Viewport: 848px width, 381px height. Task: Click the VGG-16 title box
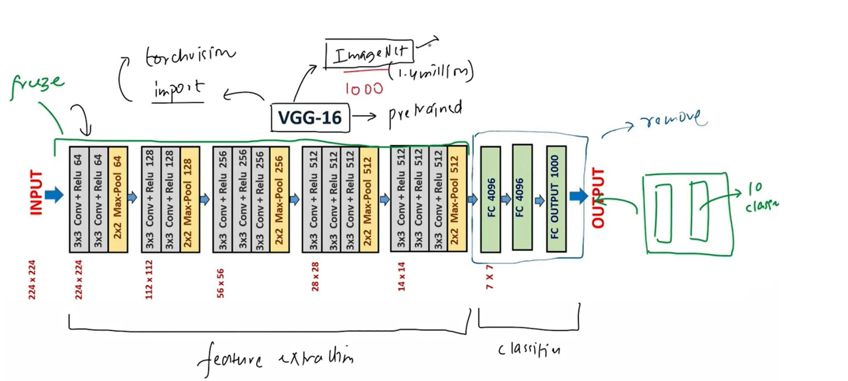tap(310, 118)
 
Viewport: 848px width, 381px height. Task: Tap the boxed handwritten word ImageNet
tap(370, 53)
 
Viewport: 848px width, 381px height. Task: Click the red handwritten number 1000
tap(364, 89)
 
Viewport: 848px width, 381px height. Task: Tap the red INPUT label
tap(36, 193)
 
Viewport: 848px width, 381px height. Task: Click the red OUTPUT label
tap(598, 197)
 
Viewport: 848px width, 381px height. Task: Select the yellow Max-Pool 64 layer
tap(118, 198)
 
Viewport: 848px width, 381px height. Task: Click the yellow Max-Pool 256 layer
tap(279, 198)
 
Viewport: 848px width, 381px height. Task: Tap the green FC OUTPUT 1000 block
tap(556, 198)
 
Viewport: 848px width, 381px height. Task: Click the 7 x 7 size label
tap(490, 278)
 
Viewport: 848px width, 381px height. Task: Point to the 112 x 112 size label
tap(149, 279)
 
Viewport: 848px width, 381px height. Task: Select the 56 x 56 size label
tap(221, 283)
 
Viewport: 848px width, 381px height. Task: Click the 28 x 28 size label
tap(315, 277)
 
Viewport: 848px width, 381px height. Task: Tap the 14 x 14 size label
tap(402, 277)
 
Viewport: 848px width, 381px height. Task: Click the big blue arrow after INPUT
tap(54, 195)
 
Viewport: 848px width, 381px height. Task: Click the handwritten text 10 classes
tap(760, 197)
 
